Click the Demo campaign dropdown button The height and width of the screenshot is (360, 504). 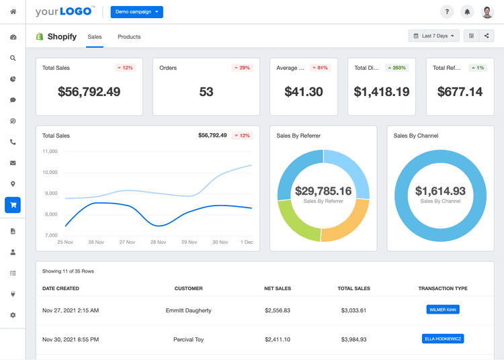click(x=136, y=12)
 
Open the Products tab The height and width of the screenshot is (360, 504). click(x=129, y=37)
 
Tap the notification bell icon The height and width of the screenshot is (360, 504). click(x=468, y=12)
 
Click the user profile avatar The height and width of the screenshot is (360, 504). click(x=488, y=12)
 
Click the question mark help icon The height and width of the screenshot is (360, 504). click(x=447, y=12)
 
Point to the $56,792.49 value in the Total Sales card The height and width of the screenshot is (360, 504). click(x=89, y=92)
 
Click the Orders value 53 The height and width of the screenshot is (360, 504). click(x=206, y=92)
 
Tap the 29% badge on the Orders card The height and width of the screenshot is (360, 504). click(x=242, y=68)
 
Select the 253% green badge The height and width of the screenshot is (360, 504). click(x=397, y=68)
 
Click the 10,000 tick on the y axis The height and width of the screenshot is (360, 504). click(x=50, y=173)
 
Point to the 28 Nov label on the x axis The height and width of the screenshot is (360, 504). click(x=159, y=242)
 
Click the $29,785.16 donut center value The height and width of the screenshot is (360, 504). click(x=323, y=191)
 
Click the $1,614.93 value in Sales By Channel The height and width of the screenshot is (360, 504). click(x=440, y=191)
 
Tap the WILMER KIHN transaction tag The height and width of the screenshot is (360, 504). click(x=443, y=310)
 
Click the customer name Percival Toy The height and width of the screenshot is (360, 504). click(x=188, y=340)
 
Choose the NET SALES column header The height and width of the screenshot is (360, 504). click(x=278, y=289)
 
